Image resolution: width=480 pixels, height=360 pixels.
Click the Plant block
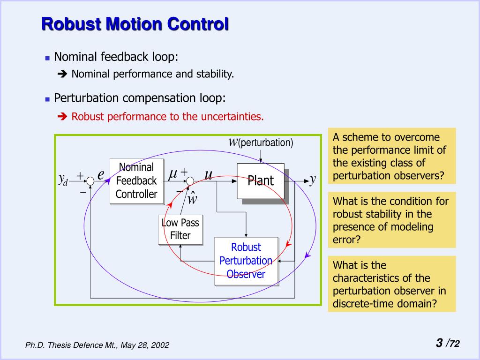tap(261, 180)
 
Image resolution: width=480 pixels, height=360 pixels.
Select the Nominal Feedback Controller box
tap(136, 181)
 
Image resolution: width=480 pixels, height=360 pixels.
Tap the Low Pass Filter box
tap(180, 229)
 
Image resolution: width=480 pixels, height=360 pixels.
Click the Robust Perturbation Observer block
tap(246, 261)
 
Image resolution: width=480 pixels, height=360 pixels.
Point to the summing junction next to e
tap(91, 181)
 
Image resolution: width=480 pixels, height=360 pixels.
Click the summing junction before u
tap(190, 181)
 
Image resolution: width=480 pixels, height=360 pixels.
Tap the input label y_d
tap(63, 179)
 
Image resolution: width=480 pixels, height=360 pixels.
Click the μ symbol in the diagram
tap(173, 174)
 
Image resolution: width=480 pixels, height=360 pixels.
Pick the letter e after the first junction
tap(101, 174)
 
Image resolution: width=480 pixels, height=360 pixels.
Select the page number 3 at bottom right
tap(439, 343)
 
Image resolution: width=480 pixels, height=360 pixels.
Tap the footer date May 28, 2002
tap(145, 345)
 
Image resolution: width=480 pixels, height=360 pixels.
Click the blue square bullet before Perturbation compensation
tap(47, 99)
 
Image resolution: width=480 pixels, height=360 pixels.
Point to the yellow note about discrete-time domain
tap(391, 284)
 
